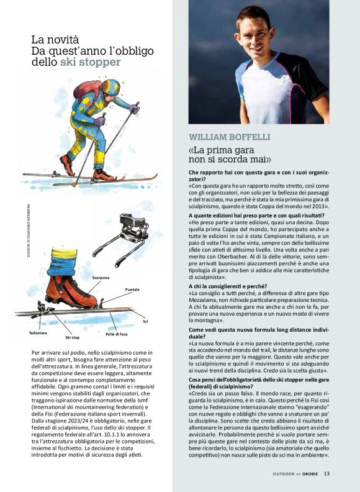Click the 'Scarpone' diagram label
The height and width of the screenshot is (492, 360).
pos(101,277)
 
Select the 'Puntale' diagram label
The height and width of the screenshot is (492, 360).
pos(132,289)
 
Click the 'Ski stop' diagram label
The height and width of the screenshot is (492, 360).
pos(73,337)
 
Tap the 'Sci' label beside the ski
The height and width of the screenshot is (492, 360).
pos(145,321)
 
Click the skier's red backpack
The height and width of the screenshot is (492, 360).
pos(85,89)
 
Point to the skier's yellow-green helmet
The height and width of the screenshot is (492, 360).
pos(111,87)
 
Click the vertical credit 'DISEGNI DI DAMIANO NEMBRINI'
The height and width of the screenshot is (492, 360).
pos(29,227)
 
